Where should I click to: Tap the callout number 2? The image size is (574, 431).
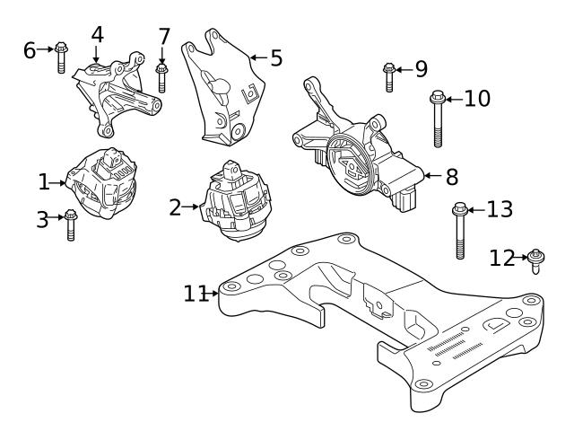(x=176, y=207)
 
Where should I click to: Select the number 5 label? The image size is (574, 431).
(x=276, y=58)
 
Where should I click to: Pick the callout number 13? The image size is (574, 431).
(x=500, y=210)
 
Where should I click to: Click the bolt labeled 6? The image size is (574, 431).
(x=60, y=56)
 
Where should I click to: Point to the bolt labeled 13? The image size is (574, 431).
(x=458, y=229)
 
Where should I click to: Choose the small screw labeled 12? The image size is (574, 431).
(x=535, y=261)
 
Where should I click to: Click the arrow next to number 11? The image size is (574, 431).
(x=213, y=292)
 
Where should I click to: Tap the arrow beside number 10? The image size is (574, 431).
(x=454, y=98)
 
